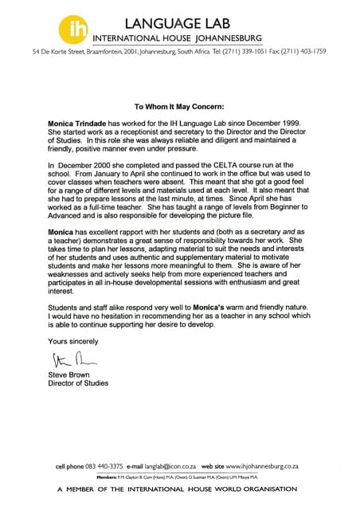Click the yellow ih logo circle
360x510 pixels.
point(72,28)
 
